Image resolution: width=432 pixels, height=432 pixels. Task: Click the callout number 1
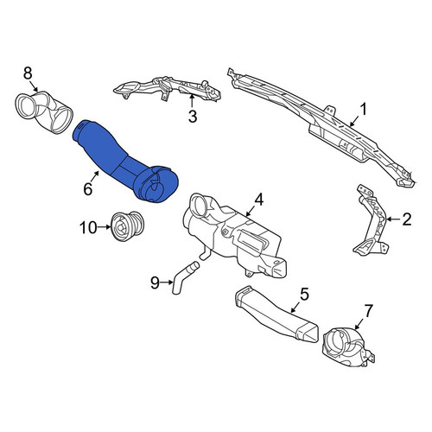click(x=364, y=110)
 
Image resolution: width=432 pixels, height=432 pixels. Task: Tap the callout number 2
click(x=406, y=219)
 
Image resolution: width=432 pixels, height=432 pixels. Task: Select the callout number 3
click(x=193, y=117)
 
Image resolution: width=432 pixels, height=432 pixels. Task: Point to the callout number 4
click(x=258, y=200)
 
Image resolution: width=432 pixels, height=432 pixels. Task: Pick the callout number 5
click(x=304, y=294)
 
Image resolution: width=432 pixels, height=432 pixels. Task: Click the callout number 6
click(x=87, y=189)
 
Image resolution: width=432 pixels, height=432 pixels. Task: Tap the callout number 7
click(x=369, y=311)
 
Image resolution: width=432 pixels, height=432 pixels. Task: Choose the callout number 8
click(x=28, y=73)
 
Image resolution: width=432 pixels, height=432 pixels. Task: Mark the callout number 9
click(x=155, y=283)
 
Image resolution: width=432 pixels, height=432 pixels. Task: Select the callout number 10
click(x=88, y=228)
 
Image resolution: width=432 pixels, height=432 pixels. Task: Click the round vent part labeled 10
click(x=126, y=226)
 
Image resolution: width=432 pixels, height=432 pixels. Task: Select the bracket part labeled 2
click(x=371, y=221)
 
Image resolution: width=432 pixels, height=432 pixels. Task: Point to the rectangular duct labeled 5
click(x=276, y=315)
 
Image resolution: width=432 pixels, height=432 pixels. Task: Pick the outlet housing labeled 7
click(x=348, y=348)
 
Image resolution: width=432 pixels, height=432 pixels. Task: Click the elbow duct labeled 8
click(x=43, y=112)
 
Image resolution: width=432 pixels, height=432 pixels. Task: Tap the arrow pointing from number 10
click(x=105, y=227)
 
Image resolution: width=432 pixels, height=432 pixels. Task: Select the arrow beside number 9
click(x=168, y=283)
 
